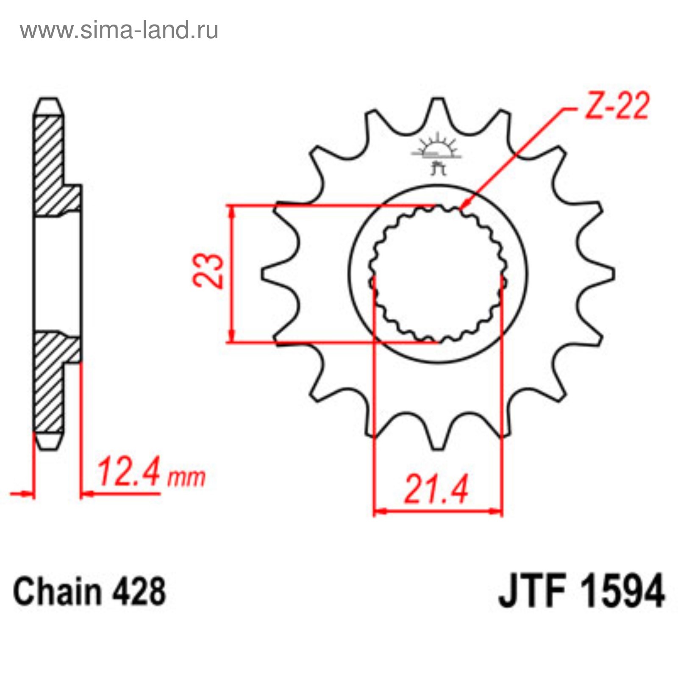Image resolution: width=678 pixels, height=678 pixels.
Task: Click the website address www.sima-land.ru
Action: (119, 31)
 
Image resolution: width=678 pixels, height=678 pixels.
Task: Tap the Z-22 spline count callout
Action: (617, 106)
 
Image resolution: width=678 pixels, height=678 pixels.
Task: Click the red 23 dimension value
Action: (208, 271)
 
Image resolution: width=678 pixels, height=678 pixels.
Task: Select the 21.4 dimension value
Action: (436, 489)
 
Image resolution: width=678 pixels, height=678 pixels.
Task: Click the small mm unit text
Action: (186, 478)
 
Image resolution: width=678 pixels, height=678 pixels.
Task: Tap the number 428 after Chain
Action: (139, 592)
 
